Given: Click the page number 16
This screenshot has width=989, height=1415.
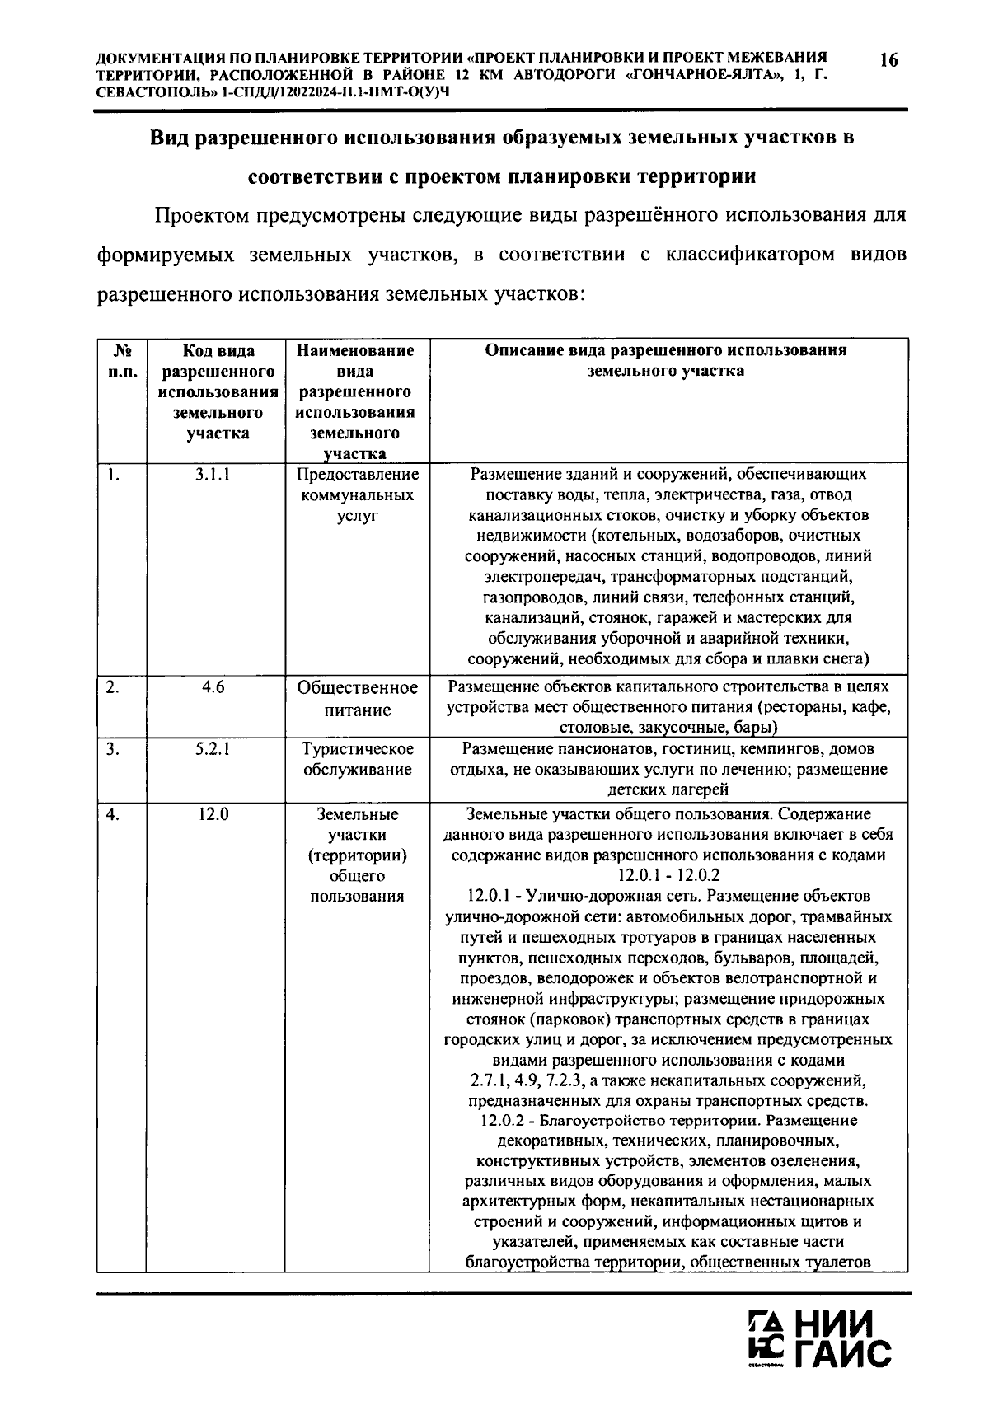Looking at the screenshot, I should (888, 59).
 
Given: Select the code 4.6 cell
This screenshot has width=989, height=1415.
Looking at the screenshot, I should (213, 687).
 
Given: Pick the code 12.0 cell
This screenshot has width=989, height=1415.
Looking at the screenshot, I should (213, 814).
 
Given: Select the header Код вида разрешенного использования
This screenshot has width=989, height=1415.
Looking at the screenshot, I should (217, 391).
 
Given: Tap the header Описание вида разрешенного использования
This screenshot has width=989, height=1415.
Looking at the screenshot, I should (665, 360).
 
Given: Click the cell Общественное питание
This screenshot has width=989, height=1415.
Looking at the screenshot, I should (357, 698).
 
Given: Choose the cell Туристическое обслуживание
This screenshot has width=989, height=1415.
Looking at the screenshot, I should (357, 759).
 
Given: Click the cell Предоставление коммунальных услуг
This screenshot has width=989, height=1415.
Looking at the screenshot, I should (357, 495).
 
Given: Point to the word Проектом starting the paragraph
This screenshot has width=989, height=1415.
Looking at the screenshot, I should (201, 217).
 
